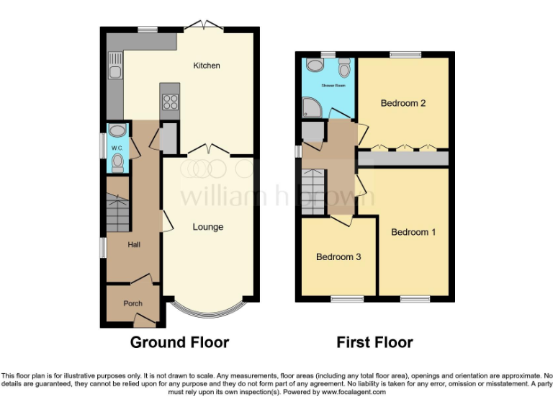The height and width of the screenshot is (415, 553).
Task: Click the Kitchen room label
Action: [207, 66]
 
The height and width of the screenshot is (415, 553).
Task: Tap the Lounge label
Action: [207, 227]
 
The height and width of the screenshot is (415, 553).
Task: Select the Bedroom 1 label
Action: [413, 232]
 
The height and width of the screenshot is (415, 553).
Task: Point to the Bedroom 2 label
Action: [403, 103]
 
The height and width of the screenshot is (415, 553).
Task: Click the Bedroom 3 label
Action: [338, 257]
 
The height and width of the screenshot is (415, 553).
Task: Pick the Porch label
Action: [132, 303]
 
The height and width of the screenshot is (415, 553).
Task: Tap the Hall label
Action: [134, 245]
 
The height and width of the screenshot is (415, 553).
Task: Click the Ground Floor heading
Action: [179, 342]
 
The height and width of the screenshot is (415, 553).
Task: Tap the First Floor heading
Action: [374, 342]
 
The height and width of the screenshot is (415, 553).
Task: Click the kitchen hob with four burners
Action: [170, 102]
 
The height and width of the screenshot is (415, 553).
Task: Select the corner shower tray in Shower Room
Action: [312, 110]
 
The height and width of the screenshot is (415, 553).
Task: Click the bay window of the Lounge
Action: [208, 311]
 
